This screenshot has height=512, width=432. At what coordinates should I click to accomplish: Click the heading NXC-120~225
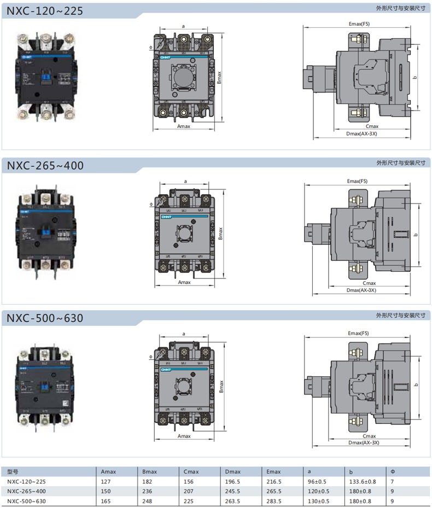pos(45,10)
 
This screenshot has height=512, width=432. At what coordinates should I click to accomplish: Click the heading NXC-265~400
pos(45,165)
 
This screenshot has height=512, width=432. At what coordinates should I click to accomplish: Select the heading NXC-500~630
pos(45,317)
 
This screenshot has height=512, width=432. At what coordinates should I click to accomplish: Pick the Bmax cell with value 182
pos(147,481)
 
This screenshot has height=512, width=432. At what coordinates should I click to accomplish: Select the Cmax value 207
pos(189,491)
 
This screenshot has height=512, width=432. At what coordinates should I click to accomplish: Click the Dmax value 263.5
pos(232,501)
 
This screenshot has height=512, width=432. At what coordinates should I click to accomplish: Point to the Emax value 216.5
pos(273,481)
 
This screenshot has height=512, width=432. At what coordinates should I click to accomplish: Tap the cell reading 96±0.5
pos(317,481)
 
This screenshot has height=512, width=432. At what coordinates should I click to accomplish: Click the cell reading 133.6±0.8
pos(363,481)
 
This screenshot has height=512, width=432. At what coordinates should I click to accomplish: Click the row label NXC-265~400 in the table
pos(27,491)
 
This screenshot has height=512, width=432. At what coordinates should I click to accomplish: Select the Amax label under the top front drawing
pos(184,125)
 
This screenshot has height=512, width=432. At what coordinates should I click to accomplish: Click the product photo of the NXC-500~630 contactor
pos(45,386)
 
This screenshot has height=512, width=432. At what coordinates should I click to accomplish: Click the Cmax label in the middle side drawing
pos(370,283)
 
